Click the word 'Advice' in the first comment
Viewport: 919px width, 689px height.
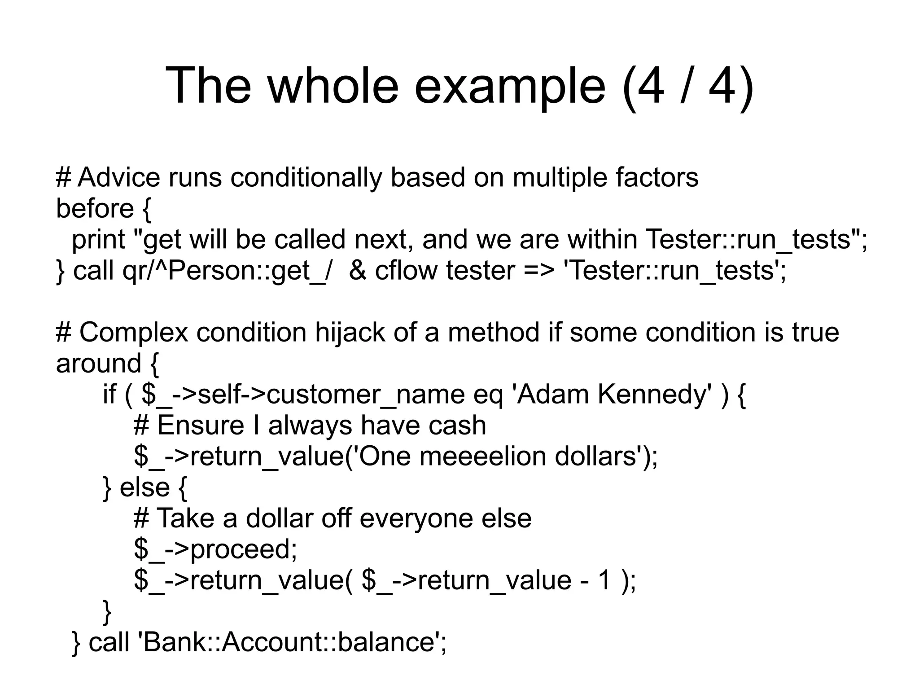click(119, 177)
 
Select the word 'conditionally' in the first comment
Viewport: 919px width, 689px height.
click(306, 177)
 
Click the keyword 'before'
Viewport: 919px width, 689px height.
click(95, 209)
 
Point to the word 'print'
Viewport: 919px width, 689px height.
click(98, 239)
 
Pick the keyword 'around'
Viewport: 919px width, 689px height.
click(98, 363)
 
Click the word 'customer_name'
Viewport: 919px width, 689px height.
click(366, 395)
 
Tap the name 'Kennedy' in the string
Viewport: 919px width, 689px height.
click(654, 395)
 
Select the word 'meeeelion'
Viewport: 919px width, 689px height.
click(483, 456)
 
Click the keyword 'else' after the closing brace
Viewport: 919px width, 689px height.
click(144, 487)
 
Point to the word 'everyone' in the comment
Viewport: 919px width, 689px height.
click(416, 518)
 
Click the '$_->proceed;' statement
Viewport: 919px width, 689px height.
click(215, 549)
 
